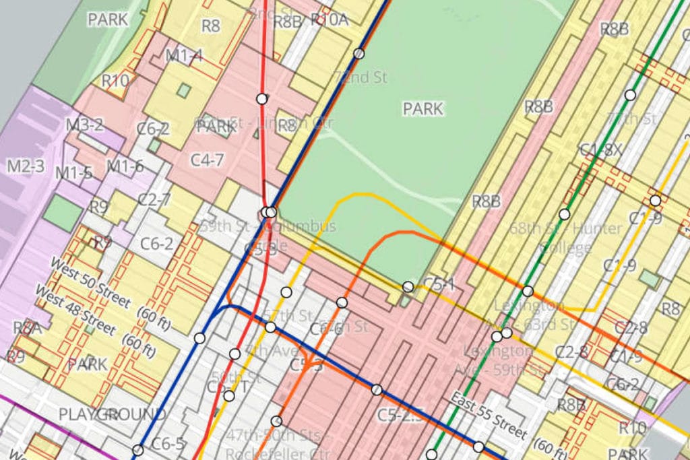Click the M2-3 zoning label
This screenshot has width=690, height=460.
click(26, 166)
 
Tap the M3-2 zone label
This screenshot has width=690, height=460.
click(84, 125)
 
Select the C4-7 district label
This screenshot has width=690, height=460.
click(207, 160)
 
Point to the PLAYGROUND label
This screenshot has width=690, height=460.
click(112, 414)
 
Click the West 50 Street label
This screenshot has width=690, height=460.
click(91, 282)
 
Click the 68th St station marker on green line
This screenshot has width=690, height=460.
click(564, 214)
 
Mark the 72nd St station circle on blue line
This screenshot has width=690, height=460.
click(359, 53)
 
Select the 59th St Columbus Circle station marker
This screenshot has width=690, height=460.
click(269, 212)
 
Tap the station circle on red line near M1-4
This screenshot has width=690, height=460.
click(261, 99)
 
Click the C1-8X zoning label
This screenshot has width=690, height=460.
click(601, 150)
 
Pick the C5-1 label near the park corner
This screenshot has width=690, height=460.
click(439, 285)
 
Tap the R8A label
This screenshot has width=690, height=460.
click(27, 328)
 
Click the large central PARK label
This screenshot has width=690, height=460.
click(423, 108)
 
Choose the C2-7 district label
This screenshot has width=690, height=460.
click(154, 200)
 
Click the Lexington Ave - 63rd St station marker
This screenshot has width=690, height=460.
click(528, 292)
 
